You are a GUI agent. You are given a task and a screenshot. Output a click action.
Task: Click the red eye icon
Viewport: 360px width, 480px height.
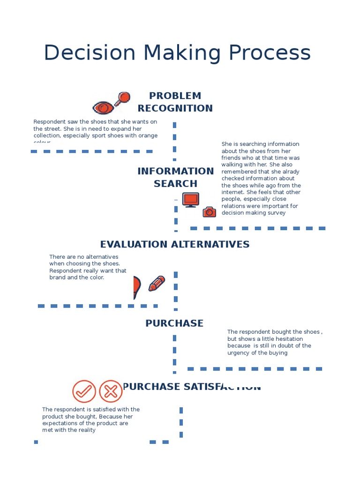pos(104,108)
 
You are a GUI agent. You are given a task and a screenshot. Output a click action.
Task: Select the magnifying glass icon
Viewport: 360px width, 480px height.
pos(123,98)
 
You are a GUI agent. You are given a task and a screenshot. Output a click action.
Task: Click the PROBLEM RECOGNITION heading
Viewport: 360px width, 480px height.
pos(175,102)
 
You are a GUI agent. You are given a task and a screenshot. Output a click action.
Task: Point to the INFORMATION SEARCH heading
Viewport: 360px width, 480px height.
pos(175,177)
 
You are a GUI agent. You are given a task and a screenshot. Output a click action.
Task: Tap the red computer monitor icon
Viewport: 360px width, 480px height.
pos(190,200)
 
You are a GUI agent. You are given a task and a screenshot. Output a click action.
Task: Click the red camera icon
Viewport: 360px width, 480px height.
pos(209,212)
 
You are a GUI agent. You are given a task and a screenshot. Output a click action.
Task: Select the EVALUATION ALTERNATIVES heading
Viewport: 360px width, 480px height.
pos(175,244)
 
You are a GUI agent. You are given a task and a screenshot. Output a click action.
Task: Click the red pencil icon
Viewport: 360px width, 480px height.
pos(157,283)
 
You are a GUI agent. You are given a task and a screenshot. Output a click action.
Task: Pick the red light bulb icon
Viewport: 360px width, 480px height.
pos(136,286)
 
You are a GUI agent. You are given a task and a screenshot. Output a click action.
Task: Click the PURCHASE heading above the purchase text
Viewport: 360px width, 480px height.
pos(174,323)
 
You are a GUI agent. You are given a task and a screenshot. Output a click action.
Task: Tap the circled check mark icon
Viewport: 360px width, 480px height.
pos(84,391)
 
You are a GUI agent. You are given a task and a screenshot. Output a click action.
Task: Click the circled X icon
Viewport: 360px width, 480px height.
pos(111,391)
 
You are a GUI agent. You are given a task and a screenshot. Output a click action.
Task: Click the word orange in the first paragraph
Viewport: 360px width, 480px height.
pos(149,135)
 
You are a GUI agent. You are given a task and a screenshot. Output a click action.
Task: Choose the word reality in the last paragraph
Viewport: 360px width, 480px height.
pos(85,430)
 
